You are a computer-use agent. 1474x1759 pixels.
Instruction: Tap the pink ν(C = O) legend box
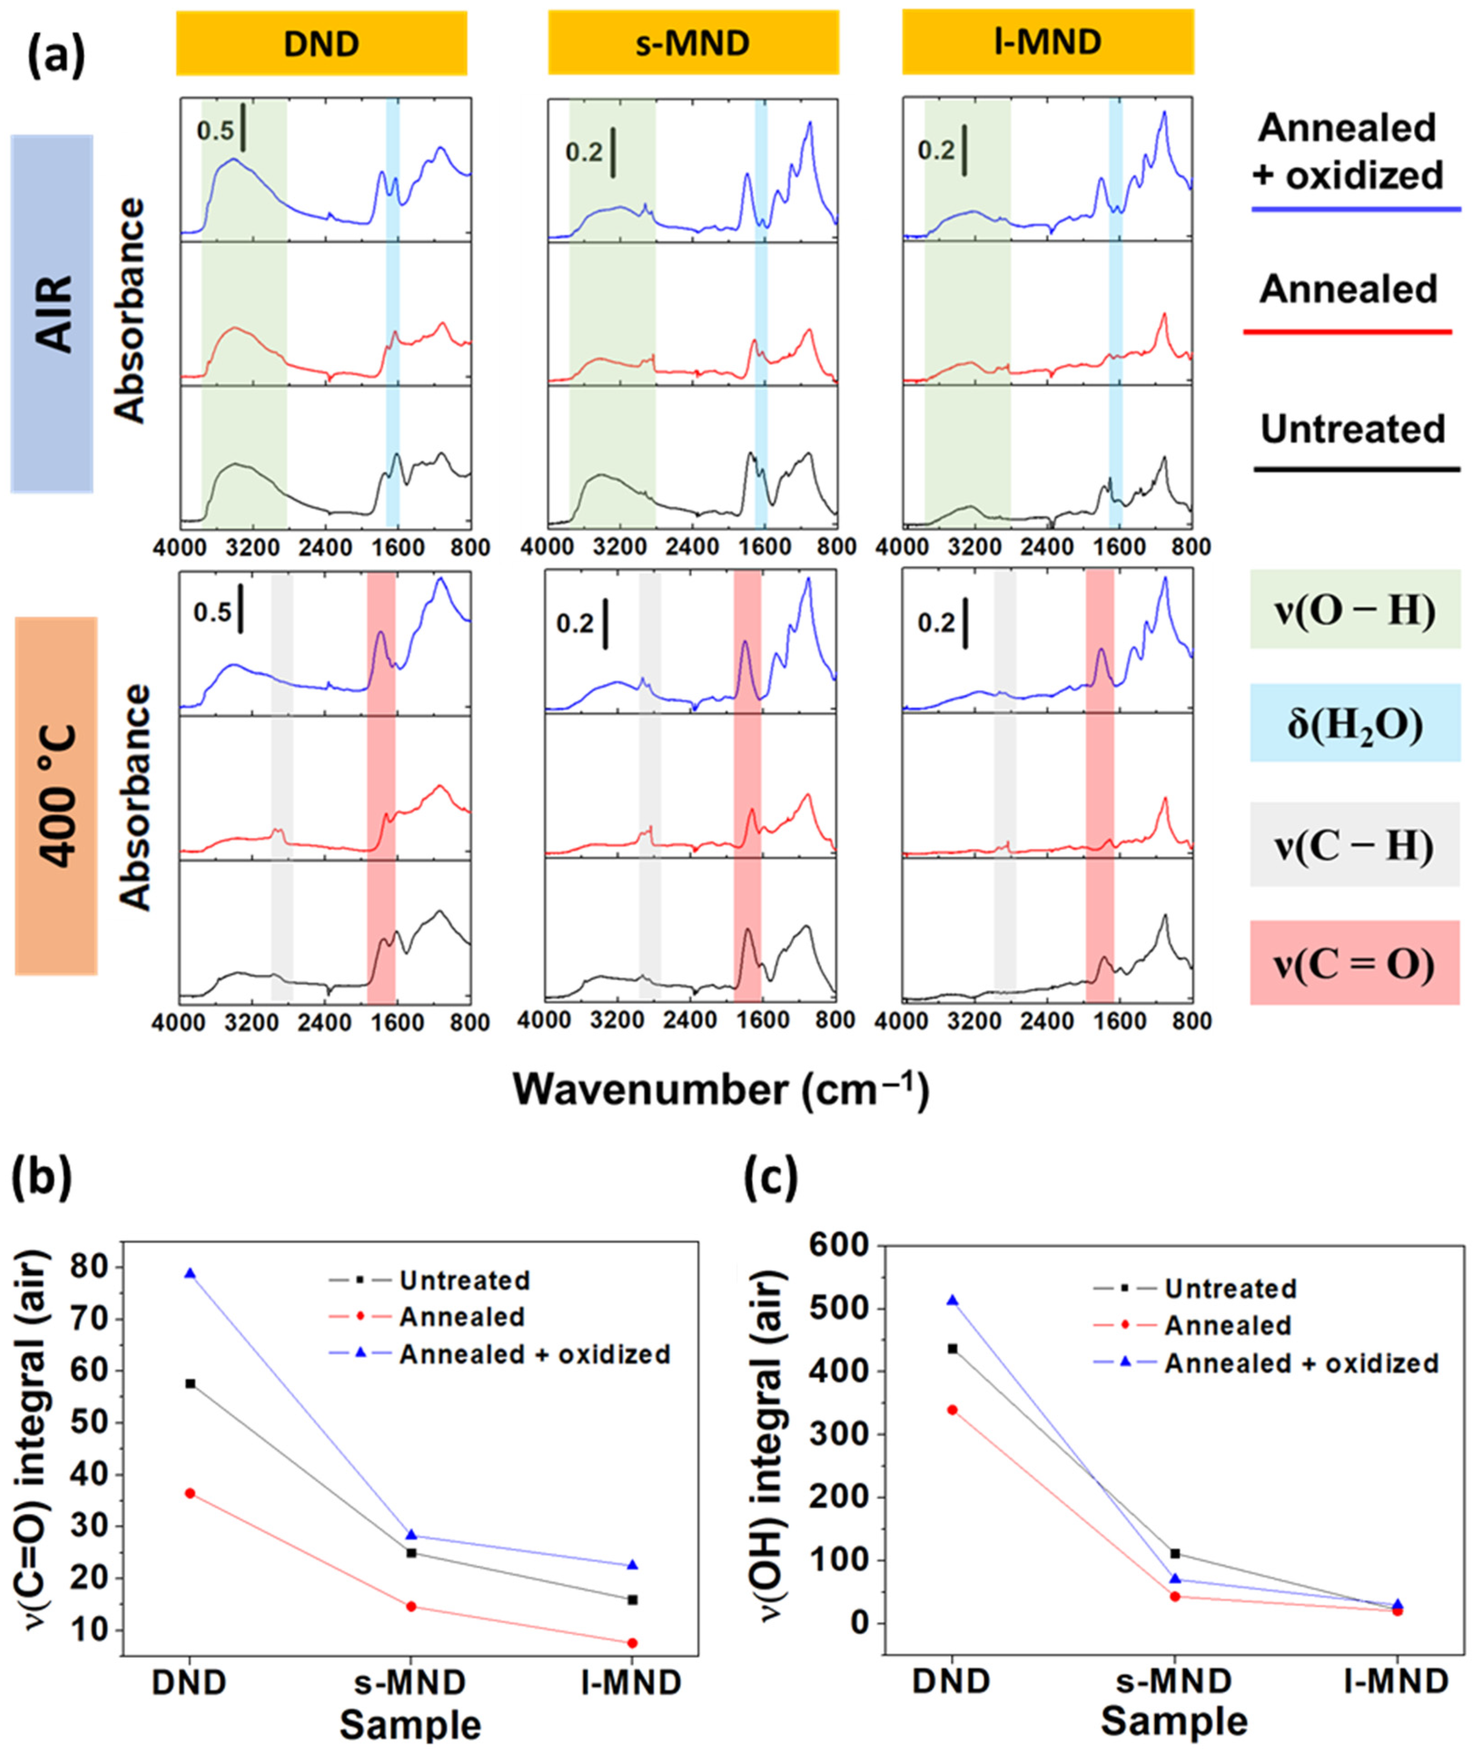coord(1354,962)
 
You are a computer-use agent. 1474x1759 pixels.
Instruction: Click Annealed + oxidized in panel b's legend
coord(534,1354)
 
